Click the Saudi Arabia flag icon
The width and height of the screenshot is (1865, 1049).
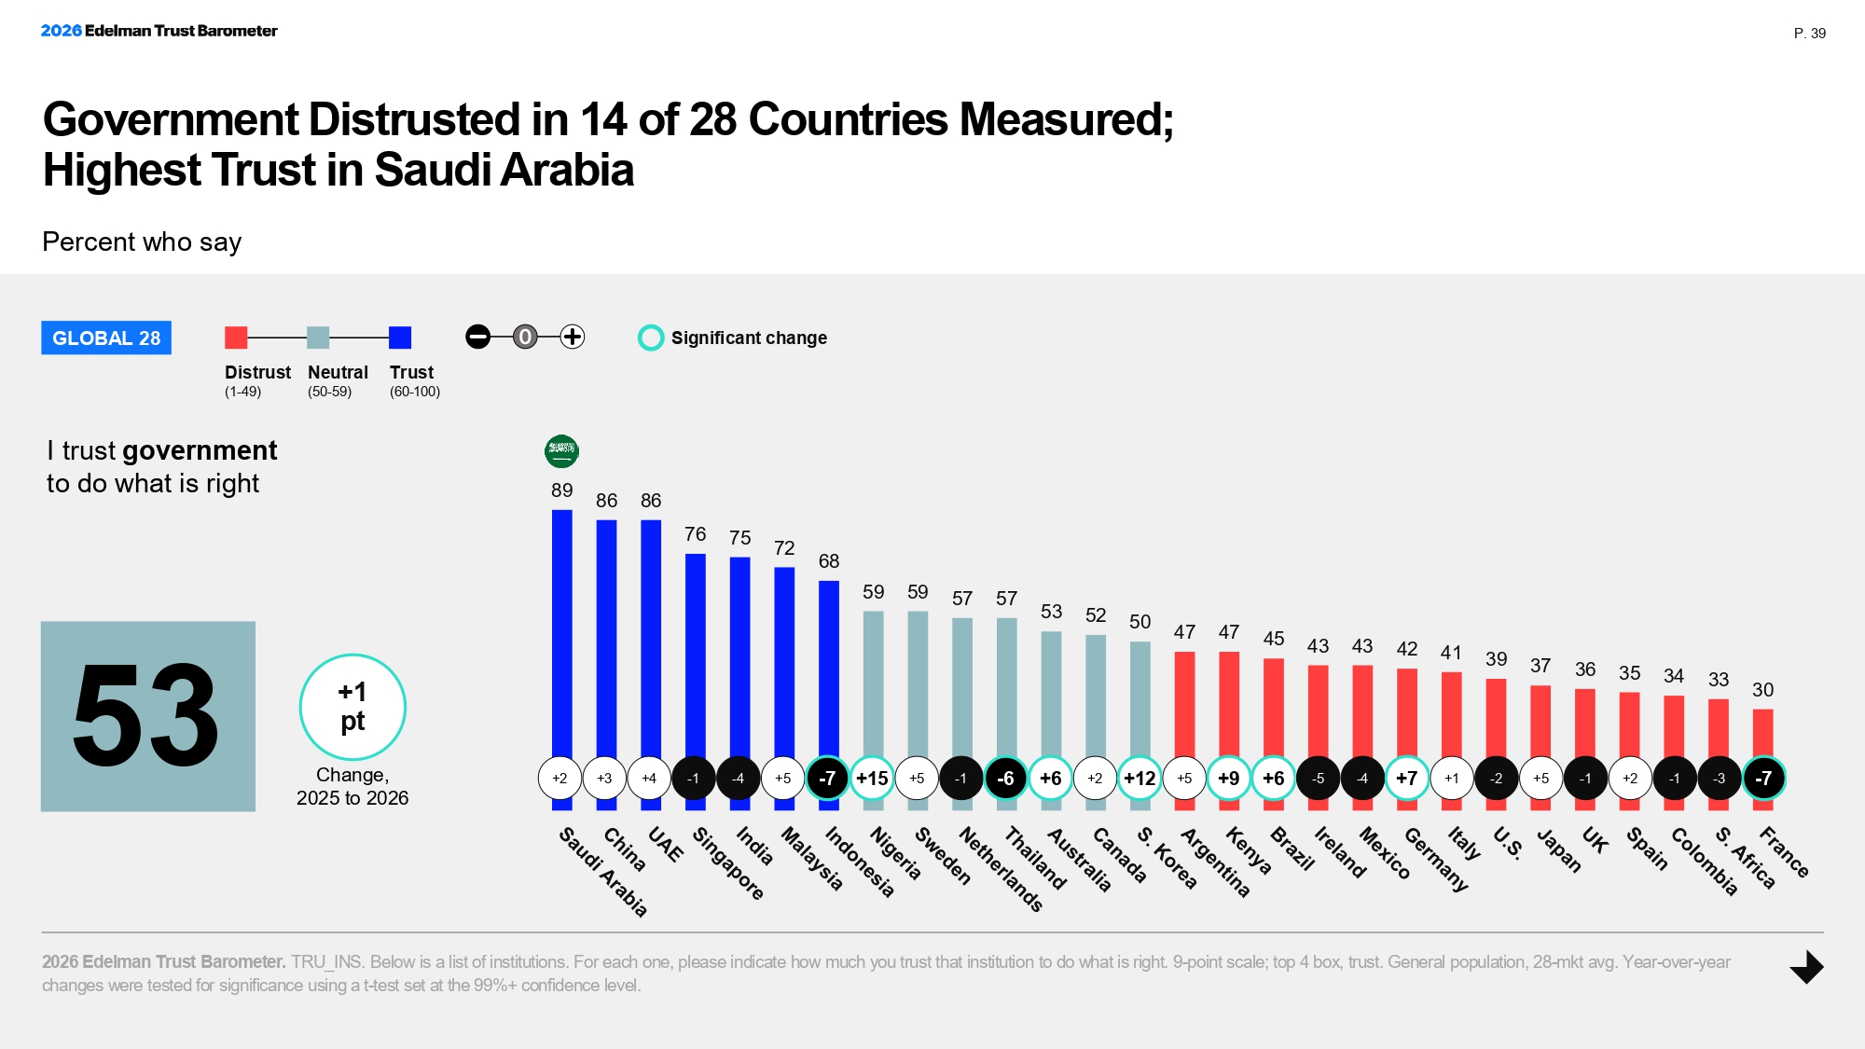coord(561,451)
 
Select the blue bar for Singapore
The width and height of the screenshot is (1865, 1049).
coord(695,653)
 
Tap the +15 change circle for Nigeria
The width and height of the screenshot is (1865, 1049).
coord(872,778)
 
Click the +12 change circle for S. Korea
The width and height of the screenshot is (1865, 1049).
coord(1140,778)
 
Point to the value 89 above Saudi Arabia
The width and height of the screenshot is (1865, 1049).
coord(561,490)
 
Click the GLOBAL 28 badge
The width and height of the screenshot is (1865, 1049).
coord(106,338)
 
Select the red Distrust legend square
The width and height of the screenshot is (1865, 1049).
coord(236,338)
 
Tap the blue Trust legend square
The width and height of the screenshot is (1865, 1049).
coord(400,338)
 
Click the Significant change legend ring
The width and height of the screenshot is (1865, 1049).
coord(650,338)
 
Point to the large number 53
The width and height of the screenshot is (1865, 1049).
coord(147,716)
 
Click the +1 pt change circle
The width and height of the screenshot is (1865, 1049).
coord(352,707)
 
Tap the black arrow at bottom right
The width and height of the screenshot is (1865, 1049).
coord(1806,967)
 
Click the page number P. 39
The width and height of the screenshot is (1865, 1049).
coord(1809,34)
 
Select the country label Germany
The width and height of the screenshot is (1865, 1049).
coord(1436,859)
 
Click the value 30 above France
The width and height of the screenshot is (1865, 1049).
coord(1762,690)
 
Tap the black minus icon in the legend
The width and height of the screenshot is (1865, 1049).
coord(477,337)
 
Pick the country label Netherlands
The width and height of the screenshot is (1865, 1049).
coord(1001,868)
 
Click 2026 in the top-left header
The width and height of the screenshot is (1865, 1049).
coord(61,31)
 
